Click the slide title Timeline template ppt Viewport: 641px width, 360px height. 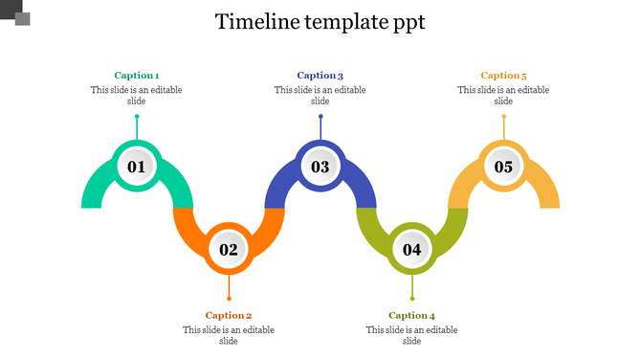point(320,22)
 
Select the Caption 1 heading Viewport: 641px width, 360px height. point(137,76)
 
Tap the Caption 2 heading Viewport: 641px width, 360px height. point(229,315)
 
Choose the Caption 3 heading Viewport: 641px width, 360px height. point(320,76)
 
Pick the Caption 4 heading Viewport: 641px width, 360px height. point(412,315)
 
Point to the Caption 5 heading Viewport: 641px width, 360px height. point(504,76)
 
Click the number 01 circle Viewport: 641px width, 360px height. point(137,167)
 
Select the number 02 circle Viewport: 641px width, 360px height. point(229,250)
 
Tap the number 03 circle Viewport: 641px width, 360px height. point(320,167)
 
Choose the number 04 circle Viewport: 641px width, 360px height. point(412,250)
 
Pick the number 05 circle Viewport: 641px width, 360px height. point(504,167)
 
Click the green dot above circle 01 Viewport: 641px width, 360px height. point(137,117)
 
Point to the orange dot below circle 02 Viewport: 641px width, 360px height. point(229,299)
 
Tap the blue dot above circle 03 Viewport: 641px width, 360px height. point(320,117)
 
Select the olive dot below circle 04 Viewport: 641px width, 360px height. point(412,299)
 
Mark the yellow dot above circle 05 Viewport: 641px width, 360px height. point(504,117)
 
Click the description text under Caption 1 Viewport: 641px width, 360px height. point(137,96)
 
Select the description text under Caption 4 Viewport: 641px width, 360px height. point(412,335)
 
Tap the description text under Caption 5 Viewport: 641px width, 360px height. point(504,96)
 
